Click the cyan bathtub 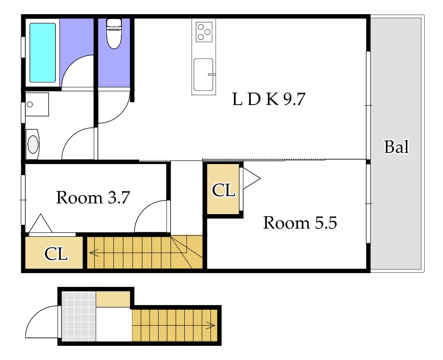coord(43,53)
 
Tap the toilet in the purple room coord(114,33)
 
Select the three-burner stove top coord(204,32)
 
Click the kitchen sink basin coord(203,74)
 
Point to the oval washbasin coord(33,144)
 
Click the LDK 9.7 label coord(269,99)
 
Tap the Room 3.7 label coord(93,197)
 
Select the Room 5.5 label coord(300,223)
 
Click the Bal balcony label coord(396,147)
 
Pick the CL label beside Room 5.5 coord(223,190)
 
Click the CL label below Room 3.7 coord(56,254)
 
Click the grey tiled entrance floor coord(79,317)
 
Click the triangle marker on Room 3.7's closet coord(41,223)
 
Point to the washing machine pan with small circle coord(37,104)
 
